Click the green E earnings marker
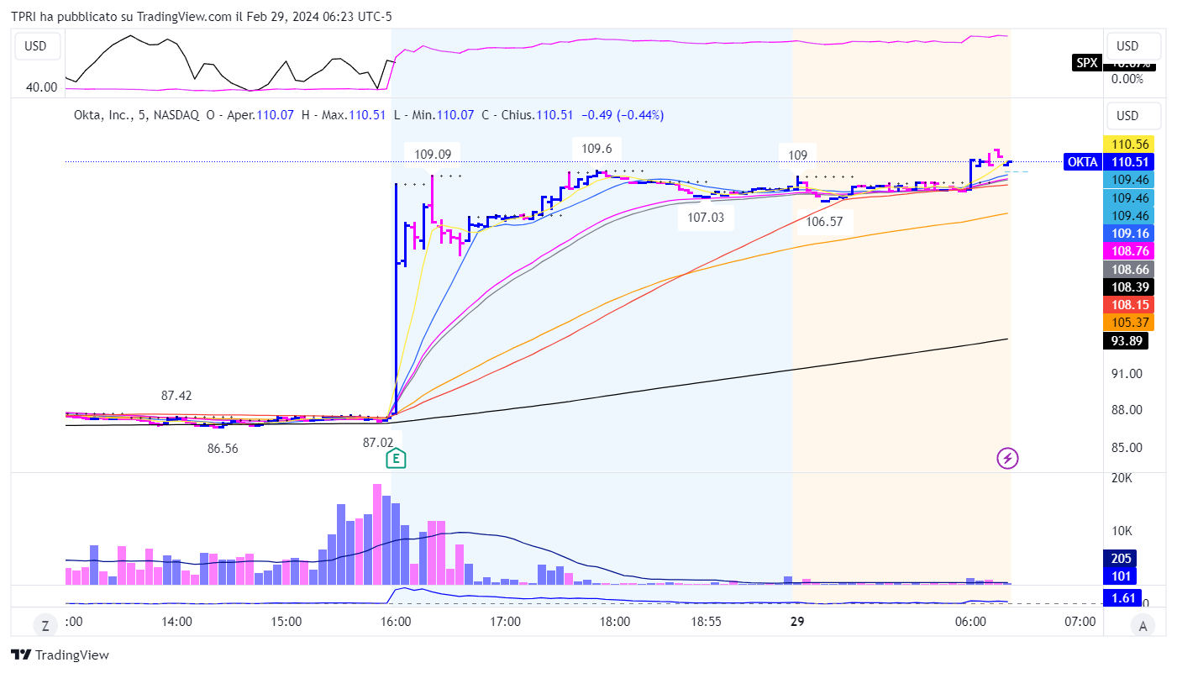(x=397, y=458)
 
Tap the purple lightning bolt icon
(x=1007, y=458)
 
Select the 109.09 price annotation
(x=433, y=154)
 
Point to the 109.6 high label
(x=596, y=148)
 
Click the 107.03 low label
(x=706, y=217)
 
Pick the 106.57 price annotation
(x=824, y=222)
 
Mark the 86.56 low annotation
(x=223, y=449)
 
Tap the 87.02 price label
(x=378, y=442)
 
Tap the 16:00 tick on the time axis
(x=396, y=622)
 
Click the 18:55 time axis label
(x=706, y=622)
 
